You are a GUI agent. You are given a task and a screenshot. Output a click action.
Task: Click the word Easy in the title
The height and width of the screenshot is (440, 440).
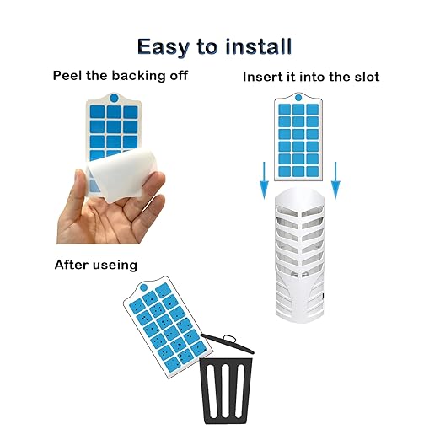pyautogui.click(x=164, y=47)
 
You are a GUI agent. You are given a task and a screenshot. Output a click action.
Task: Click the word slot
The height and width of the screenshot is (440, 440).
pyautogui.click(x=367, y=77)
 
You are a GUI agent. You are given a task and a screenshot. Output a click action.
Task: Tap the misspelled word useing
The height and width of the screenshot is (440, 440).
pyautogui.click(x=115, y=266)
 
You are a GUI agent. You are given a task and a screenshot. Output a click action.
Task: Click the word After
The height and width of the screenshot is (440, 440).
pyautogui.click(x=72, y=265)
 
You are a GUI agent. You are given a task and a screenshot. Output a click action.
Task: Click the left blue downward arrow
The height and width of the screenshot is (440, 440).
pyautogui.click(x=264, y=180)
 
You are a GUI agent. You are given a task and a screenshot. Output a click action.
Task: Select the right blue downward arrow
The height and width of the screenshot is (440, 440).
pyautogui.click(x=335, y=180)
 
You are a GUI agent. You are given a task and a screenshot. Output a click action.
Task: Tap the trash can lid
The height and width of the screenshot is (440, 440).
pyautogui.click(x=228, y=344)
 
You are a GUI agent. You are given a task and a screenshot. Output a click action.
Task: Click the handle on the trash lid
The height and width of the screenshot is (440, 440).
pyautogui.click(x=229, y=338)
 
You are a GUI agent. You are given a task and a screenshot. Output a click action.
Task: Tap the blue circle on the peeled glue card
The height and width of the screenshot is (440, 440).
pyautogui.click(x=114, y=99)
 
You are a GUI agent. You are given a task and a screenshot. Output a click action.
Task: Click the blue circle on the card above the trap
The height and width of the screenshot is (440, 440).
pyautogui.click(x=298, y=98)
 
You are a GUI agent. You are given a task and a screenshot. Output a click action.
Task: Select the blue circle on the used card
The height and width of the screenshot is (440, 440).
pyautogui.click(x=143, y=287)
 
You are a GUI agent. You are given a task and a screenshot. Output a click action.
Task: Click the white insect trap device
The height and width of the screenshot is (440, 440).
pyautogui.click(x=299, y=255)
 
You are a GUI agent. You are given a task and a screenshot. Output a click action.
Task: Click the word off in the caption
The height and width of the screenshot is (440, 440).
pyautogui.click(x=179, y=76)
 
